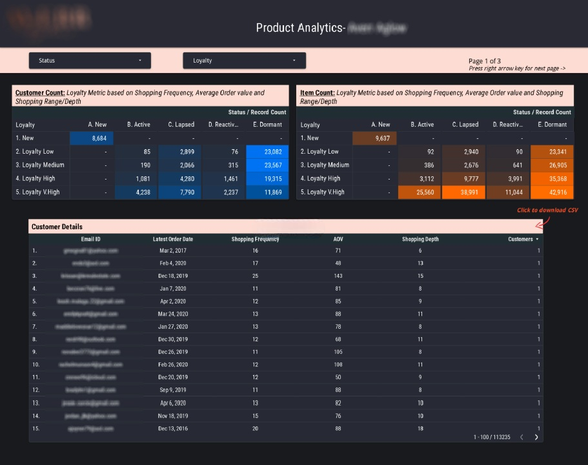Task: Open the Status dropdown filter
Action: [x=90, y=61]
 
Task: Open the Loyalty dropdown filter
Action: [x=244, y=61]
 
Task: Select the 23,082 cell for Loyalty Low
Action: [x=268, y=152]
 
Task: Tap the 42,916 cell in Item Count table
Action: [x=553, y=192]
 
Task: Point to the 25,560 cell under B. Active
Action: [x=420, y=192]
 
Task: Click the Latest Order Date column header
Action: [x=172, y=239]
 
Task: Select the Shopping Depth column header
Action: [x=420, y=239]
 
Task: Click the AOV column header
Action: [x=338, y=239]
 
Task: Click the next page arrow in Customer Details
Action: [x=536, y=437]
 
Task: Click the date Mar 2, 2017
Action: [x=172, y=251]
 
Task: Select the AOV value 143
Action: [x=338, y=276]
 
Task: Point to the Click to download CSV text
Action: [x=547, y=211]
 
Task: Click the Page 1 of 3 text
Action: [x=484, y=61]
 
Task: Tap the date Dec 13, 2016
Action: [x=172, y=428]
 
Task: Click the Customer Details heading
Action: [x=57, y=227]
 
